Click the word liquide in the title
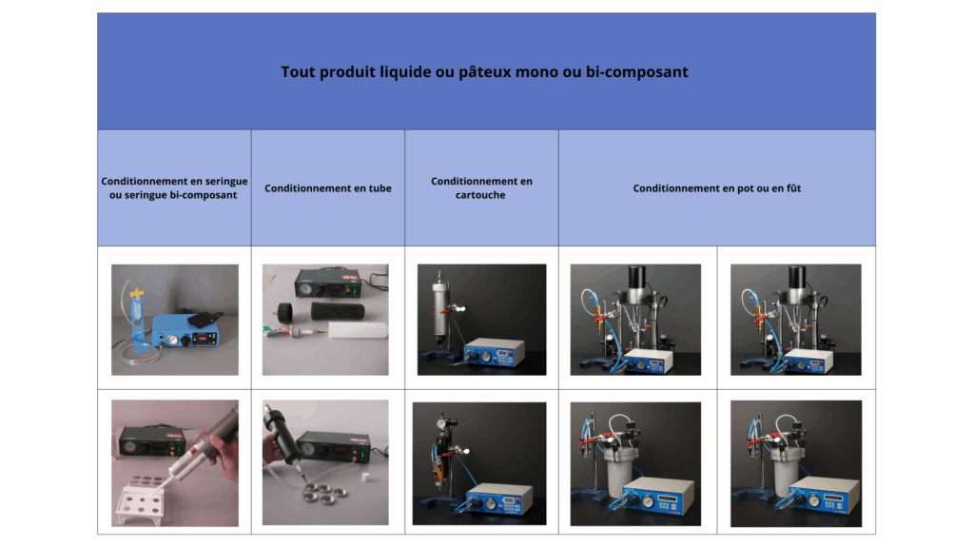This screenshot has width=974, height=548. click(405, 72)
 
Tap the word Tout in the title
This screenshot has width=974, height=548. click(296, 72)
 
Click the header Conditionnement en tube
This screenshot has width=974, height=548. click(328, 188)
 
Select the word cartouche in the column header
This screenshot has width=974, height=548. click(480, 195)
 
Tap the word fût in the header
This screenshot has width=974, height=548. click(794, 188)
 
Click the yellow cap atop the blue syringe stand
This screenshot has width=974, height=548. click(137, 291)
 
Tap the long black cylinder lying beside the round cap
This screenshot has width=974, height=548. click(338, 310)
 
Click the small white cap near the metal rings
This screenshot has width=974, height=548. click(366, 477)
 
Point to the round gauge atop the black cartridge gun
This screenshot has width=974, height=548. click(441, 423)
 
